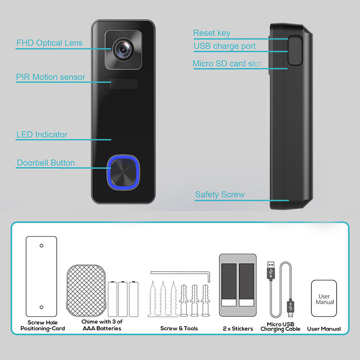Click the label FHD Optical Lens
tap(49, 43)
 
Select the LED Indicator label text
tap(42, 135)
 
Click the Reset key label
tap(211, 33)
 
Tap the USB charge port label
tap(225, 46)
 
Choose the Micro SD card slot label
tap(227, 63)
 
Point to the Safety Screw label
tap(220, 194)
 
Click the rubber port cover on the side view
tap(295, 50)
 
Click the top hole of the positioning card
tap(41, 246)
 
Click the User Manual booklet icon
tap(324, 299)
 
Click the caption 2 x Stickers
tap(238, 328)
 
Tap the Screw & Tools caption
tap(179, 328)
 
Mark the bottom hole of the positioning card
tap(41, 307)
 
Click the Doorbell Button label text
tap(45, 162)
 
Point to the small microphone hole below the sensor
tap(123, 106)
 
